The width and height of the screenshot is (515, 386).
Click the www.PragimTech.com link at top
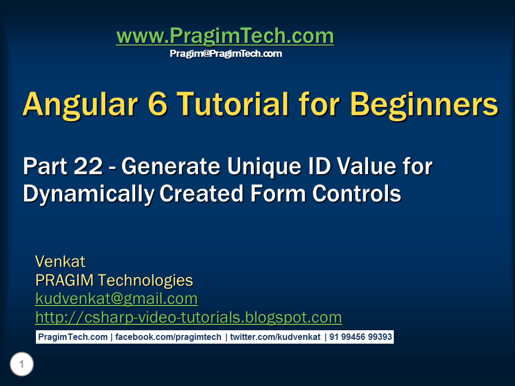tap(225, 36)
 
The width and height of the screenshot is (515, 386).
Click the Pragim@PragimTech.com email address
tap(226, 54)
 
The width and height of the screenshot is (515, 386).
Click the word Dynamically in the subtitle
tap(89, 194)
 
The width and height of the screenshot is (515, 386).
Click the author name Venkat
tap(60, 262)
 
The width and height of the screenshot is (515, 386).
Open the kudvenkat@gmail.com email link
tap(116, 299)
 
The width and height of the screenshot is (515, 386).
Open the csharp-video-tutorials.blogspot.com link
tap(188, 317)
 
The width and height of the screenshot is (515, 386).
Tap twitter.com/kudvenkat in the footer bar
tap(275, 337)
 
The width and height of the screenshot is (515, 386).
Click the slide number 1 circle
tap(21, 365)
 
